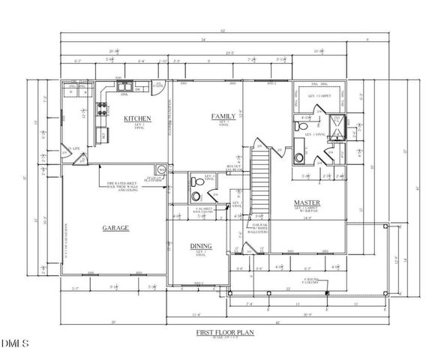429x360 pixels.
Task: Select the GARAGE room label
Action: (115, 227)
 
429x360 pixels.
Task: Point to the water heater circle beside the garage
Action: (159, 170)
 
